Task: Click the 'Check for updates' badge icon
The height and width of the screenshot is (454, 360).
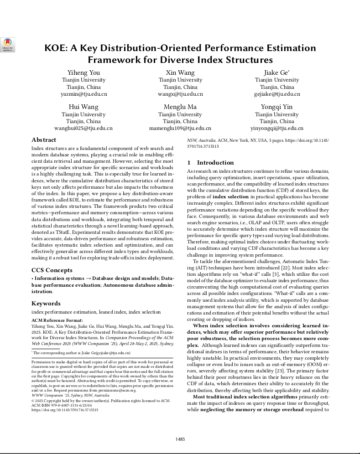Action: (8, 44)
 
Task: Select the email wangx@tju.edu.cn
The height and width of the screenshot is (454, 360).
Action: (180, 94)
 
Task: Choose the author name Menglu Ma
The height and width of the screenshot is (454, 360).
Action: (180, 107)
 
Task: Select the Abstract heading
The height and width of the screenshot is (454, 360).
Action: (44, 140)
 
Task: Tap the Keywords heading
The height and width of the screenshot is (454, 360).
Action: (46, 303)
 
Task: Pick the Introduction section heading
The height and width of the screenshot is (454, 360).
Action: (215, 163)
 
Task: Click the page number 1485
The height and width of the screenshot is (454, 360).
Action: (180, 439)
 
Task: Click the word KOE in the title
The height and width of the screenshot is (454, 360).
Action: (55, 48)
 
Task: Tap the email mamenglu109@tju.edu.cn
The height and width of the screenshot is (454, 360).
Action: (180, 129)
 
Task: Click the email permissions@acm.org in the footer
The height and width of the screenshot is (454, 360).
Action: (142, 391)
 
